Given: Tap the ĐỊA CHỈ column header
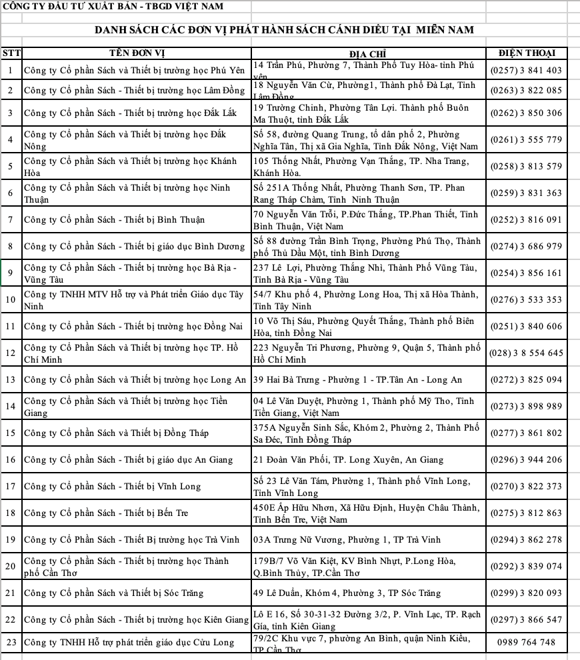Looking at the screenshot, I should coord(367,54).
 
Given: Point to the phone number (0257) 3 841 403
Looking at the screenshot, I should coord(526,71).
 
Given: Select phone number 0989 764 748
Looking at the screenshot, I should coord(526,643).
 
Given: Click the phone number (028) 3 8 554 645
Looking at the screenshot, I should coord(526,353).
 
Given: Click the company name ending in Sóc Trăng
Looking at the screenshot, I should coord(113,593).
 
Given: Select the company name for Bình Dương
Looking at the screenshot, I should coord(134,247).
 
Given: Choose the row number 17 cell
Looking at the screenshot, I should coord(11,487).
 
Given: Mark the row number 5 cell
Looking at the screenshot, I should coord(11,167).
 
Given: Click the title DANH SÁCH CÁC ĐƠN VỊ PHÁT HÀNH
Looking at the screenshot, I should coord(284,31).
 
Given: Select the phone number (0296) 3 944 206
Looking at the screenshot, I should coord(526,460).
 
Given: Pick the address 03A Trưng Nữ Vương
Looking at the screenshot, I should coord(347,540).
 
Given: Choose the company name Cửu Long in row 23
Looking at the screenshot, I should coord(129,643).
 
